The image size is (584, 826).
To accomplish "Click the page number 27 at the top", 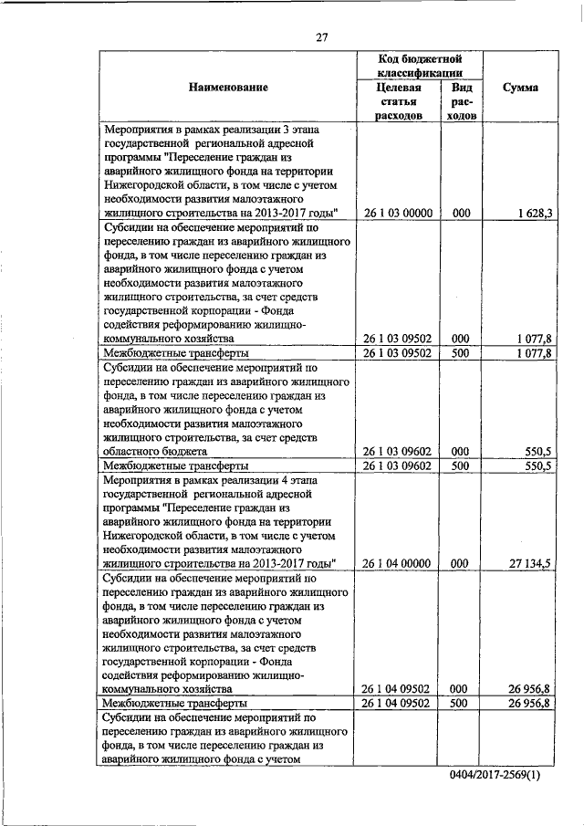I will pyautogui.click(x=321, y=37).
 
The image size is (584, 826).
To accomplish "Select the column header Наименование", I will pyautogui.click(x=228, y=88).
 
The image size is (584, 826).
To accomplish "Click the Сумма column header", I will pyautogui.click(x=520, y=88).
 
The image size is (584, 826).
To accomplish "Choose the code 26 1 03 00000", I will pyautogui.click(x=397, y=213).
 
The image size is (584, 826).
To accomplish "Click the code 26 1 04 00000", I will pyautogui.click(x=397, y=564).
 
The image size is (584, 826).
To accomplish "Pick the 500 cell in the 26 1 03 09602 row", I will pyautogui.click(x=461, y=465).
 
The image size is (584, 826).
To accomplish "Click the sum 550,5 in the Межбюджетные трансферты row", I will pyautogui.click(x=536, y=465).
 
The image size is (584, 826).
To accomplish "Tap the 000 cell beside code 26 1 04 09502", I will pyautogui.click(x=461, y=690).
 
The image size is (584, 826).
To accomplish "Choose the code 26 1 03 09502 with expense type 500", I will pyautogui.click(x=397, y=352).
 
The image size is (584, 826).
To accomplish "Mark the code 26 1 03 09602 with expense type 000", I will pyautogui.click(x=397, y=451).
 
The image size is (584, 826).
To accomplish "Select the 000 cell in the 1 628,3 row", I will pyautogui.click(x=461, y=213).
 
